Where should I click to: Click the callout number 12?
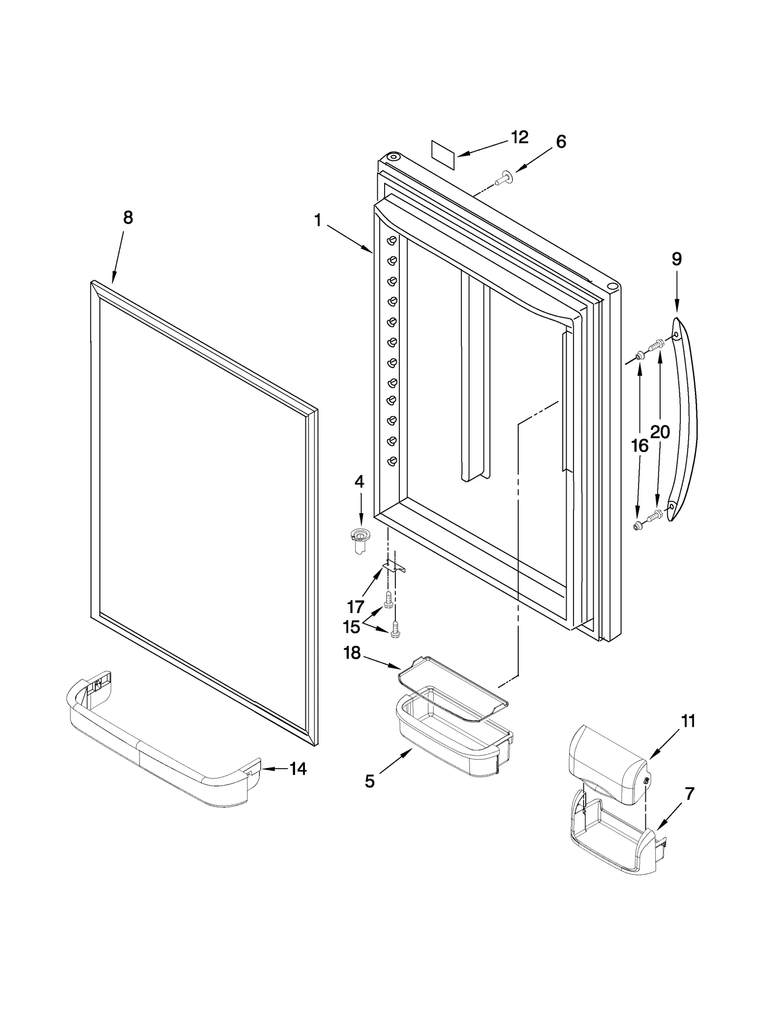pos(520,138)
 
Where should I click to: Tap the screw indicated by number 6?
pos(503,179)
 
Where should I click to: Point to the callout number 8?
pos(128,218)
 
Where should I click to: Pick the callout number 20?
pos(660,432)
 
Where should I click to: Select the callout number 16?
pos(640,446)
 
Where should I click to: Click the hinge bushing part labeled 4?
pos(360,541)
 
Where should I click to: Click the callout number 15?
pos(351,627)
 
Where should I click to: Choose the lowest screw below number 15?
pos(395,632)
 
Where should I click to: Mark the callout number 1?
pos(318,221)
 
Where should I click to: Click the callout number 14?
pos(297,769)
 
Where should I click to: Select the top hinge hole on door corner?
pos(393,157)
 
